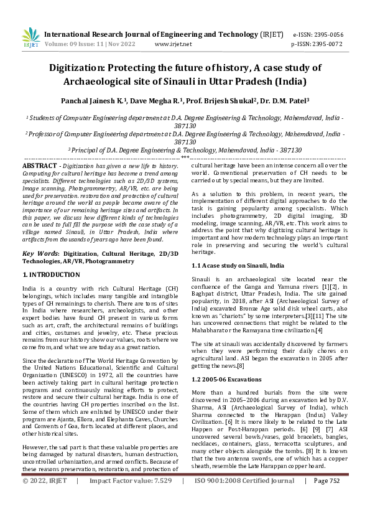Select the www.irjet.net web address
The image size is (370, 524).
coord(172,45)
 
